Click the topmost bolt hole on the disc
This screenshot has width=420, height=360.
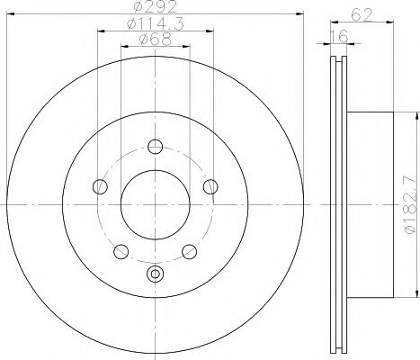click(155, 148)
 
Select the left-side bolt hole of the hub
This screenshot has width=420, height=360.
click(100, 187)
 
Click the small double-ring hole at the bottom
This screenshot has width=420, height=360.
click(155, 275)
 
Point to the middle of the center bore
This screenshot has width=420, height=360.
click(155, 203)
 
